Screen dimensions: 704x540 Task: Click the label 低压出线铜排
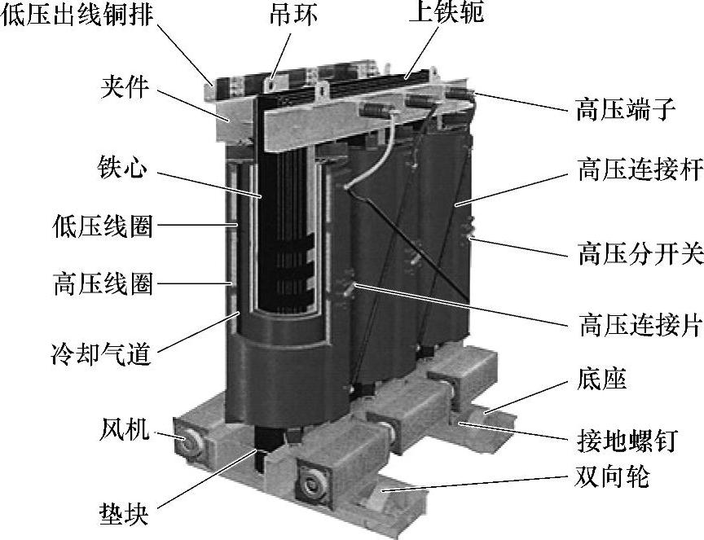[x=77, y=14]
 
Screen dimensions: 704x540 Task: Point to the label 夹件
[x=125, y=86]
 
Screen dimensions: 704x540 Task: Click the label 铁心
[x=122, y=168]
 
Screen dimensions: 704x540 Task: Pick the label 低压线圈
[x=103, y=226]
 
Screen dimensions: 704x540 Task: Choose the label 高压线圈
[x=103, y=283]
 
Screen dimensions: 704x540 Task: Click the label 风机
[x=124, y=428]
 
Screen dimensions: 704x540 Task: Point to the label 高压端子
[x=627, y=109]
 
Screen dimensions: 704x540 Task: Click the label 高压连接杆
[x=640, y=169]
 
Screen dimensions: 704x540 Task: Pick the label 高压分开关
[x=640, y=252]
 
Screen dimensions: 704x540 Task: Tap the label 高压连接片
[x=640, y=324]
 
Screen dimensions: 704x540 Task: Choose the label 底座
[x=601, y=380]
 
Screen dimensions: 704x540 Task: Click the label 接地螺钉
[x=627, y=441]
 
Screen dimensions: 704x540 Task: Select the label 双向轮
[x=613, y=476]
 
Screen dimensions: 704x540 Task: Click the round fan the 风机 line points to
[x=187, y=440]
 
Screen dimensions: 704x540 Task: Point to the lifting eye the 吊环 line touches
[x=271, y=84]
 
